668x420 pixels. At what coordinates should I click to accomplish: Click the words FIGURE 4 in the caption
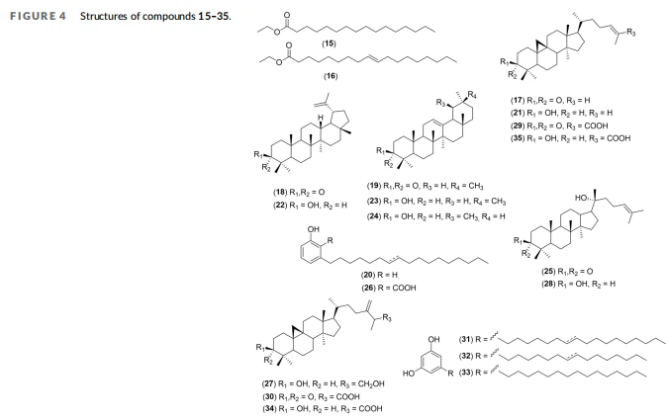[38, 16]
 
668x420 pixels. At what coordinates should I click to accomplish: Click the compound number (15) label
[329, 43]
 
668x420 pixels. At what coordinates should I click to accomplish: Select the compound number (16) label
[331, 76]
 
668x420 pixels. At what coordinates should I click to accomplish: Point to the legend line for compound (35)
[570, 138]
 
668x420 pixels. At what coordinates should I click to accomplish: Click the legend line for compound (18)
[299, 193]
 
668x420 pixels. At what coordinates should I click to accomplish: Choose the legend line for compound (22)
[310, 206]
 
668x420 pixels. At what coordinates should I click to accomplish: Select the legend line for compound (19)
[425, 186]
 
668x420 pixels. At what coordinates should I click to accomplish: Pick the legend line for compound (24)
[435, 216]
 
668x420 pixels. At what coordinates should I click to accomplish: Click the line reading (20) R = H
[380, 275]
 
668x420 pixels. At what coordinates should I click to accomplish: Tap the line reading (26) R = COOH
[389, 288]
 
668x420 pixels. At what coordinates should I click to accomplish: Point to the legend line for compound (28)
[578, 284]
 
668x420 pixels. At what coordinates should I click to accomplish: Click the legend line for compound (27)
[323, 383]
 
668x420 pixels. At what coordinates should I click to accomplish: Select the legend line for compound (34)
[322, 408]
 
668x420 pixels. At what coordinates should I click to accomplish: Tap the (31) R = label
[473, 339]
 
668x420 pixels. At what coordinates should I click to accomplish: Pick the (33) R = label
[473, 373]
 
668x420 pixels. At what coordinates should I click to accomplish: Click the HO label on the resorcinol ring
[408, 374]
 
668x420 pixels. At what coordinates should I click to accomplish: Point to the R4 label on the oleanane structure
[472, 95]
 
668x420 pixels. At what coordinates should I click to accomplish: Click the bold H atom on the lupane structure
[321, 118]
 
